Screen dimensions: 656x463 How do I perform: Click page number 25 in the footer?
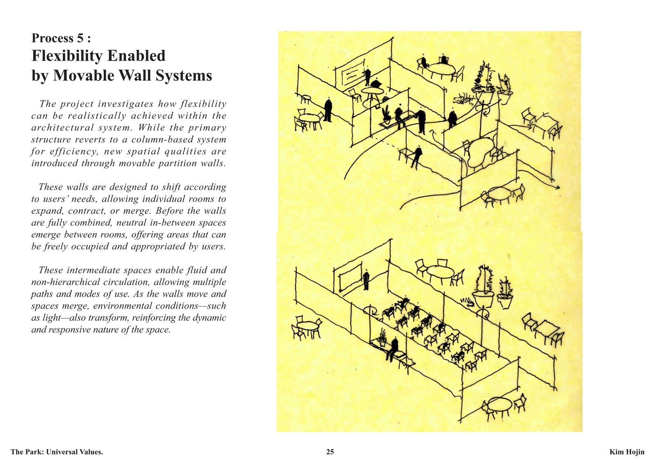click(330, 452)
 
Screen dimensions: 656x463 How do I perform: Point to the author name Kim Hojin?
click(627, 452)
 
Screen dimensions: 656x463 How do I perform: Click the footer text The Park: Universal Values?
click(57, 452)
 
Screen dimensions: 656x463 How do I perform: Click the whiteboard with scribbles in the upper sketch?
click(350, 73)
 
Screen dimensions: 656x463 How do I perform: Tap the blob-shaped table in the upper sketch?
click(481, 152)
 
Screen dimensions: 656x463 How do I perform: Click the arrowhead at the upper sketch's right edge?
click(557, 188)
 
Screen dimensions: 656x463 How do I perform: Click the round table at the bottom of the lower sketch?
click(500, 405)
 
